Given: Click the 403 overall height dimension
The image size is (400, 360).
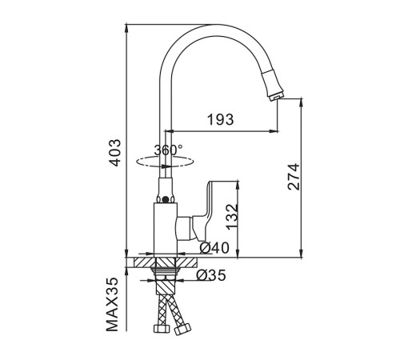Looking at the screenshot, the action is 116,153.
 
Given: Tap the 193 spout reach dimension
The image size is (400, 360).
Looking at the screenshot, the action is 221,119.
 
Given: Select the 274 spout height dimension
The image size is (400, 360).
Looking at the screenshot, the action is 294,177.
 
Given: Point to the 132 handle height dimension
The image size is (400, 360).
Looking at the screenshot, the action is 231,217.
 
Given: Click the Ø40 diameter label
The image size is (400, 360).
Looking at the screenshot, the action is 214,248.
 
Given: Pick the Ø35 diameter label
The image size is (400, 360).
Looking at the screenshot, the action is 211,275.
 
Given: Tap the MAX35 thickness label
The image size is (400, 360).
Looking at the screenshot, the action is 112,304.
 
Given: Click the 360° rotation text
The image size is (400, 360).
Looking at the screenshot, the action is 169,150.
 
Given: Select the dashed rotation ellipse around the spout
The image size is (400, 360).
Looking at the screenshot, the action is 165,162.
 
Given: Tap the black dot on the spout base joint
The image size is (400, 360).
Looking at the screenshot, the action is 166,199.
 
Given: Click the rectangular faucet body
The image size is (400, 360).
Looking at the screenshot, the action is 166,230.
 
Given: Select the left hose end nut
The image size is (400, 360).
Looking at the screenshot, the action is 161,328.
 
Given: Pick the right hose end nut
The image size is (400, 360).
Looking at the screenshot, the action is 183,329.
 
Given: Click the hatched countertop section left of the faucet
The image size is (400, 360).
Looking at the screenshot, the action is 144,262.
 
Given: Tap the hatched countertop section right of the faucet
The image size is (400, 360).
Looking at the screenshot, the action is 186,262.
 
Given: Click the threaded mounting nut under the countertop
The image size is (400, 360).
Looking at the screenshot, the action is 166,271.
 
